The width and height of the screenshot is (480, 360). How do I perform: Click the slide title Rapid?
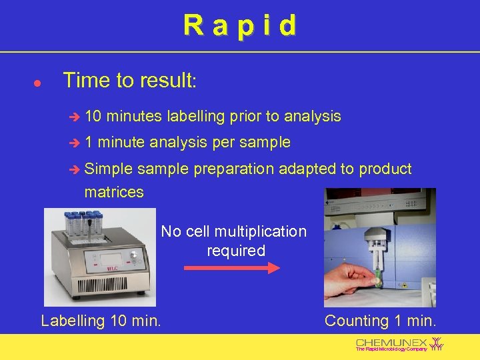click(x=240, y=25)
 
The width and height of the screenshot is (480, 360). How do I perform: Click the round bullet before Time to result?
click(x=38, y=84)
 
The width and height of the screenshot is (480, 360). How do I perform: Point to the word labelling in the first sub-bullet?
click(x=196, y=117)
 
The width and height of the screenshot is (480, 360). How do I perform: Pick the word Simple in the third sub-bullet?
click(x=109, y=169)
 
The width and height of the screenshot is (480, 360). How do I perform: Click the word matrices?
click(x=113, y=192)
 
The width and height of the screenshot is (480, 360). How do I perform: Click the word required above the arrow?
click(x=236, y=251)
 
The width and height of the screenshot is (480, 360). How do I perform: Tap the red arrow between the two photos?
click(x=231, y=269)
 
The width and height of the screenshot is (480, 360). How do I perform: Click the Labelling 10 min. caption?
click(x=101, y=321)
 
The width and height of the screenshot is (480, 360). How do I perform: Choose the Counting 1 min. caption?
click(x=380, y=321)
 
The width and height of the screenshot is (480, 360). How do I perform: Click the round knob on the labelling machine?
click(x=133, y=255)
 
